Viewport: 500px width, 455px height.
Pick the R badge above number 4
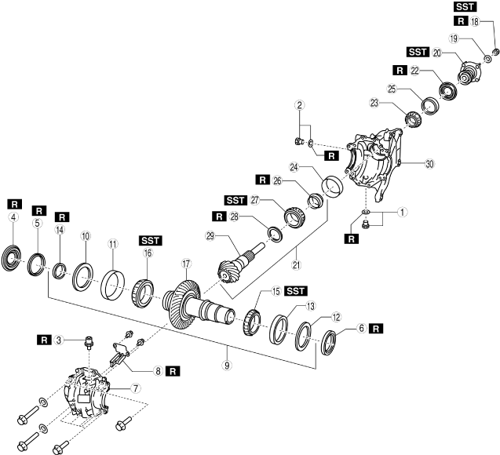[13, 202]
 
